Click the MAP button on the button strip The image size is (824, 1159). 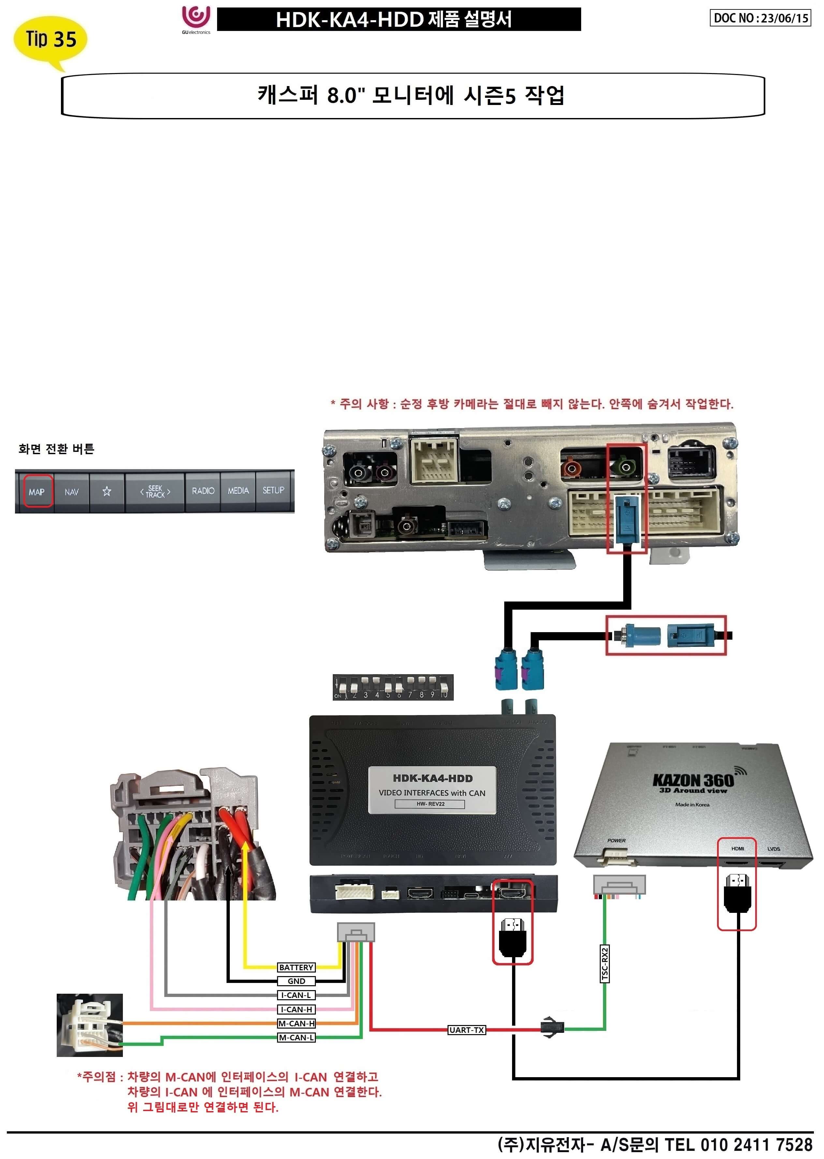37,491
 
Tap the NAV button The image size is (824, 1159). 71,491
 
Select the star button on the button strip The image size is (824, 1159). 107,491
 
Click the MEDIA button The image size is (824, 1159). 238,491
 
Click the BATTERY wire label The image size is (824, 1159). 296,967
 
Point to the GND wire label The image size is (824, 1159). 296,981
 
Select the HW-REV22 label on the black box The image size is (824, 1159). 430,804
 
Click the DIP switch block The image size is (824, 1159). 393,688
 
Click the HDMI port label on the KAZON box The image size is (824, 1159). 737,848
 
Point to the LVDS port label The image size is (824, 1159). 773,848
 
